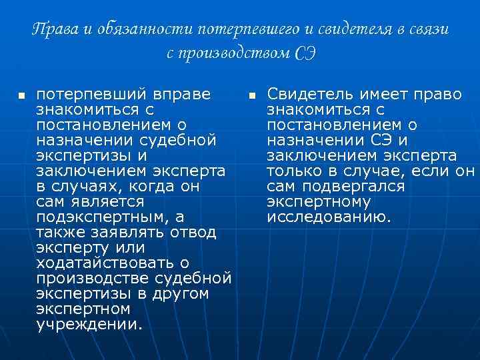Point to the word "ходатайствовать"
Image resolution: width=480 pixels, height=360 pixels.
pos(107,263)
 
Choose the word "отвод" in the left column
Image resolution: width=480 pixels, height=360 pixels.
pos(193,232)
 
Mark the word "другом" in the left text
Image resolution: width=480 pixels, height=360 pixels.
pos(179,294)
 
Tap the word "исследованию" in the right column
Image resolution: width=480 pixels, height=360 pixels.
pos(328,217)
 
